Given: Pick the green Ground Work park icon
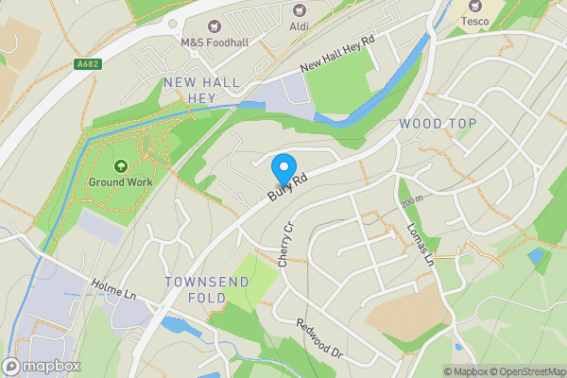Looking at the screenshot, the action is (120, 165).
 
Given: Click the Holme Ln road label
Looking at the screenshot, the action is (114, 289).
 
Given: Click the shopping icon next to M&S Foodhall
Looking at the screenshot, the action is (214, 26).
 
